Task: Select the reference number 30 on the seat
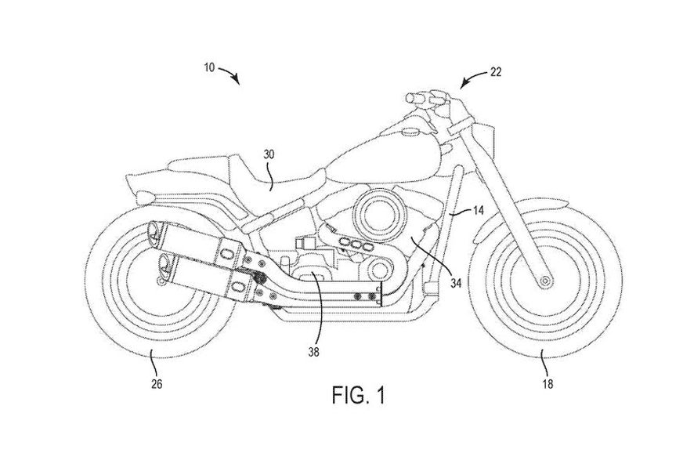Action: [x=269, y=155]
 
